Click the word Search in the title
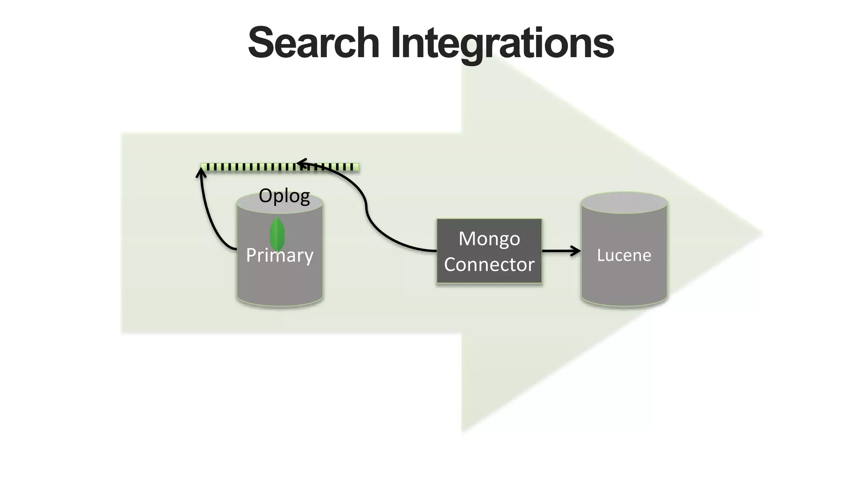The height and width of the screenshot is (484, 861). (x=314, y=43)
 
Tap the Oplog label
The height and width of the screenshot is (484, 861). (x=284, y=196)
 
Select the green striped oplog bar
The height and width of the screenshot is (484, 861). (x=252, y=167)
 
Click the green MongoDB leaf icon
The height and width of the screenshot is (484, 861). (x=277, y=234)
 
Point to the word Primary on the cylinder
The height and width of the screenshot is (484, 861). (x=280, y=255)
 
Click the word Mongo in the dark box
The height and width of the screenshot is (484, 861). (x=489, y=239)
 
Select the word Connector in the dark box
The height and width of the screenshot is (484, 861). (x=489, y=265)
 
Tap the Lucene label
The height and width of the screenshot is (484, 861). (x=624, y=255)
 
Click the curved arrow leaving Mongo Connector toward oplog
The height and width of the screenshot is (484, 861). (x=378, y=233)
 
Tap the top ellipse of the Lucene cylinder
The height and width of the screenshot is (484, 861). (x=624, y=203)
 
